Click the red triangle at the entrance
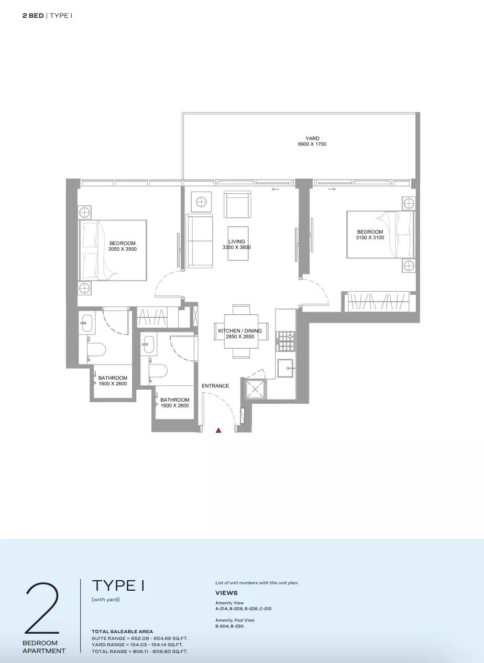click(x=218, y=430)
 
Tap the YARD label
click(x=312, y=138)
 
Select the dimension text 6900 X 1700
click(x=312, y=144)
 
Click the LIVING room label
click(x=237, y=241)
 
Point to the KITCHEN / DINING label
click(x=240, y=330)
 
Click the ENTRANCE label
click(x=215, y=385)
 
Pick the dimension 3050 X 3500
click(x=122, y=249)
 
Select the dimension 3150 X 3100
click(x=370, y=237)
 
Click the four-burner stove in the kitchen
click(x=285, y=341)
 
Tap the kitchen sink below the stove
click(x=285, y=369)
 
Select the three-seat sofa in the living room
click(x=199, y=240)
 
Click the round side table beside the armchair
click(x=201, y=202)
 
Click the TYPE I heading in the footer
click(x=118, y=585)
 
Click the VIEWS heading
click(x=226, y=593)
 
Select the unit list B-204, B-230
click(x=229, y=626)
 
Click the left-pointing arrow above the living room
click(x=276, y=189)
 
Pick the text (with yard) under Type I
click(x=106, y=599)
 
